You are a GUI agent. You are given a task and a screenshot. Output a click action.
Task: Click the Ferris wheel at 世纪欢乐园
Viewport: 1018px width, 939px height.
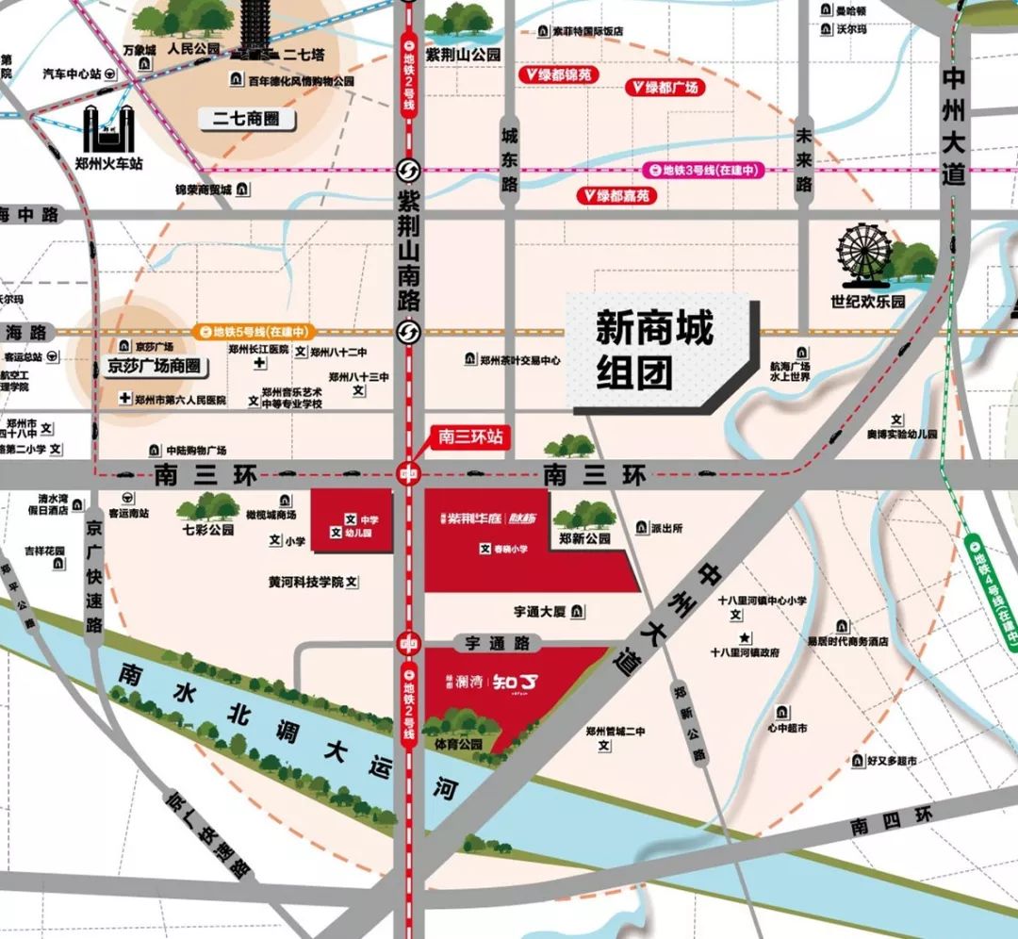click(x=864, y=252)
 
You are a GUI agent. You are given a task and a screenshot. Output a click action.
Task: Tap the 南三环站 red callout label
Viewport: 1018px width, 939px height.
click(x=471, y=437)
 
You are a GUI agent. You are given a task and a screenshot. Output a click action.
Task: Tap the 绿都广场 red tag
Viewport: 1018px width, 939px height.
click(x=665, y=88)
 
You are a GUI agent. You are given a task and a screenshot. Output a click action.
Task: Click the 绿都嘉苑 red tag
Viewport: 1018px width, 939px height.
click(x=616, y=196)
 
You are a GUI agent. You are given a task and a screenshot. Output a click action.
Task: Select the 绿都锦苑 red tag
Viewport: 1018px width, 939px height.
click(x=560, y=73)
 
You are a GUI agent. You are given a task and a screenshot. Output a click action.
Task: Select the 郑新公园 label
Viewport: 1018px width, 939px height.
click(x=584, y=539)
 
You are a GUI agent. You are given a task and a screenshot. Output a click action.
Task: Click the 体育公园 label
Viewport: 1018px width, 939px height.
click(x=459, y=744)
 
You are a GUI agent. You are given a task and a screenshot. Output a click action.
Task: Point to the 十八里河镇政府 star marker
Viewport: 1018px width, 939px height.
click(x=745, y=637)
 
